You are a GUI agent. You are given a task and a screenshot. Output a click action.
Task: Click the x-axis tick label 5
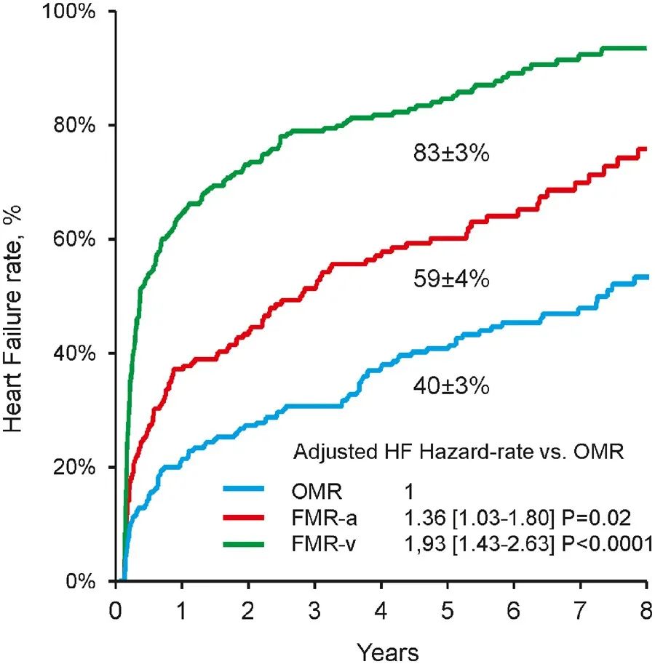click(x=448, y=608)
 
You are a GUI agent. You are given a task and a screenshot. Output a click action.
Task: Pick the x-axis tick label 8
click(x=646, y=608)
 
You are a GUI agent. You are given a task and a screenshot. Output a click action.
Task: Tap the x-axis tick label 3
click(x=314, y=608)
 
